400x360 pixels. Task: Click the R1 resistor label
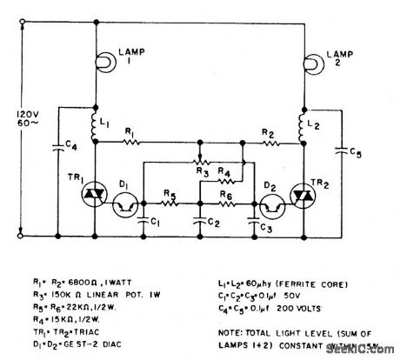click(131, 131)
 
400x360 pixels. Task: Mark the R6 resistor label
click(224, 196)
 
